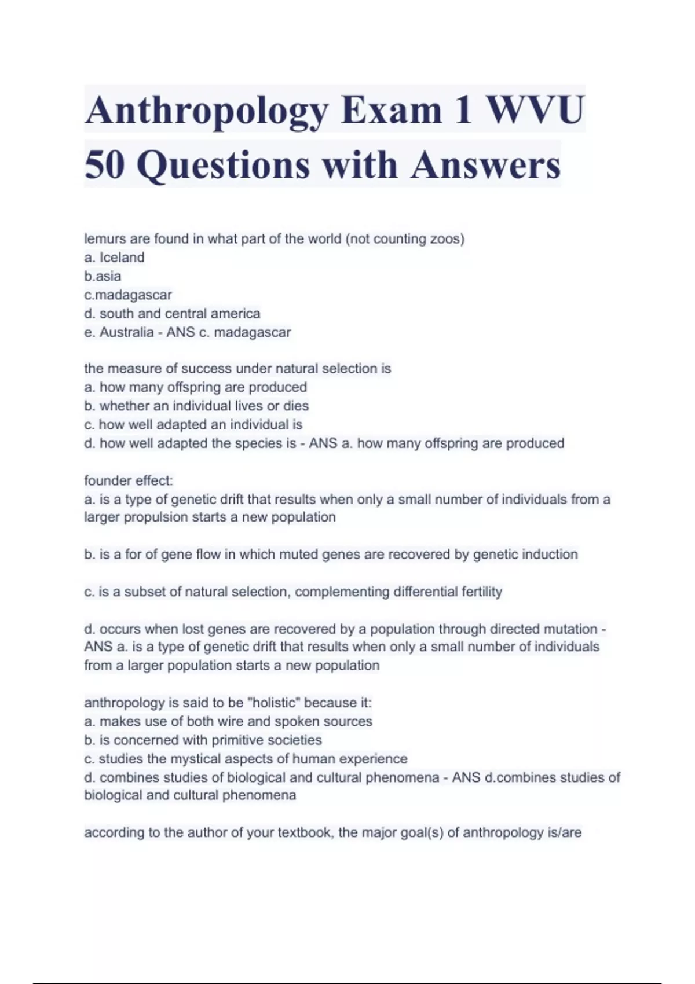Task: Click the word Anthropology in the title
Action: (x=206, y=110)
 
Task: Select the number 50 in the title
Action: (x=105, y=165)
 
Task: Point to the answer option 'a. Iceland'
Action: (x=114, y=258)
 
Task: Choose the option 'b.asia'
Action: (x=103, y=276)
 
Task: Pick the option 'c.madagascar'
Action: (x=128, y=295)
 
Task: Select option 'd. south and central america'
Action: (x=172, y=314)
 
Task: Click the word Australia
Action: (x=126, y=332)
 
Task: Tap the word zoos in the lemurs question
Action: (x=445, y=239)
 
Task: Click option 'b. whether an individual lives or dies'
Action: (x=196, y=406)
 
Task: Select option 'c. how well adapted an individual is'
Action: (x=193, y=425)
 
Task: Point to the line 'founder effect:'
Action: (x=129, y=480)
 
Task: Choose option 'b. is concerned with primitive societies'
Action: (x=203, y=740)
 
